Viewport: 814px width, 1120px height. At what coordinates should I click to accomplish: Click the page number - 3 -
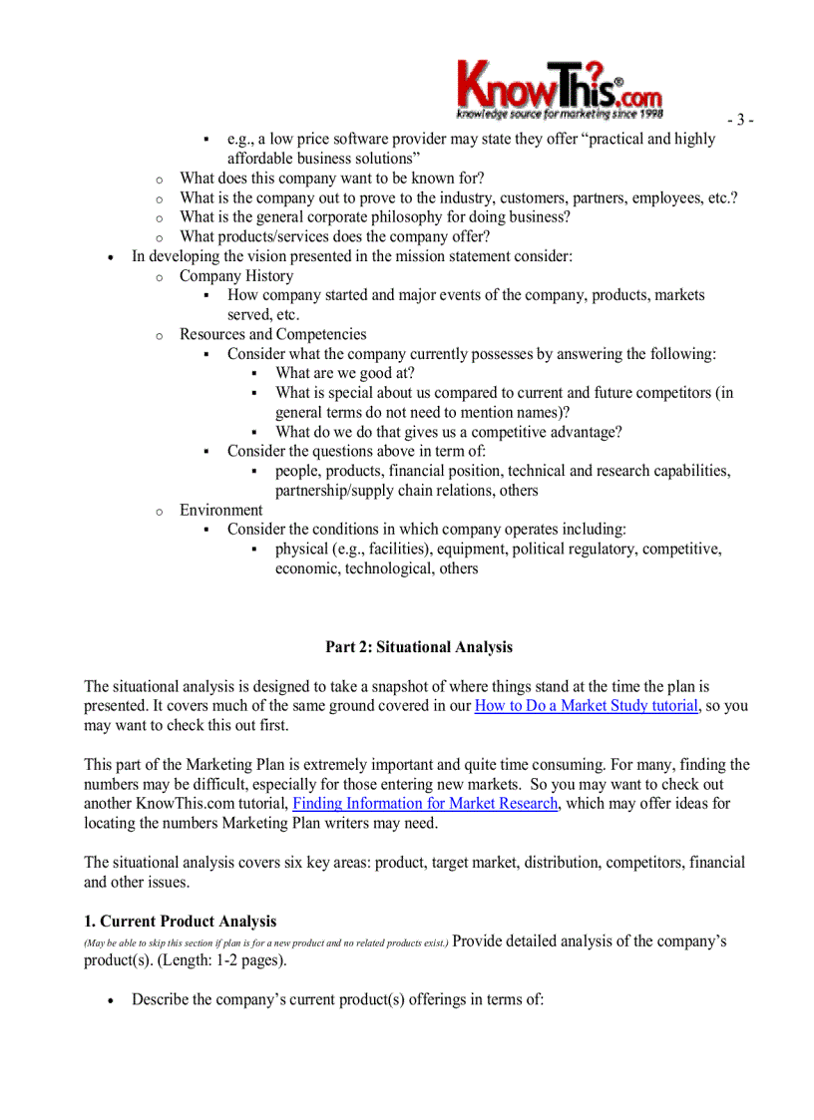tap(739, 120)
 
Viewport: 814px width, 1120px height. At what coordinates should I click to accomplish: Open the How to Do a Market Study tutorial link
tap(586, 706)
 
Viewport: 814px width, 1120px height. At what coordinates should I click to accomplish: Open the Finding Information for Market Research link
tap(426, 804)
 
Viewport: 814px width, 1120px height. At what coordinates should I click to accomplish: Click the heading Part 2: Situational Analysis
tap(419, 647)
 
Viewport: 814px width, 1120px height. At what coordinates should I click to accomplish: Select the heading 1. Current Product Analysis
tap(181, 922)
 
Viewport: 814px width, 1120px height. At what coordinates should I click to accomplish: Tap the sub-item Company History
tap(236, 276)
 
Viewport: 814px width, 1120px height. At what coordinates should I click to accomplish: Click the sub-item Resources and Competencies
tap(272, 334)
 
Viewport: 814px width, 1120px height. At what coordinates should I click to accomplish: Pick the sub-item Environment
tap(220, 510)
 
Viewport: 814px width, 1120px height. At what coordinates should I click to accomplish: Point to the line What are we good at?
tap(345, 373)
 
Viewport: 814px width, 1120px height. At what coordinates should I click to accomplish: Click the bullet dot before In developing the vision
tap(111, 257)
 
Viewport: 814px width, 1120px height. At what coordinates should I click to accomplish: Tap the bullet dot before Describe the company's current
tap(111, 1000)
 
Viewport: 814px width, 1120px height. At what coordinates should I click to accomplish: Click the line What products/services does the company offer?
tap(334, 237)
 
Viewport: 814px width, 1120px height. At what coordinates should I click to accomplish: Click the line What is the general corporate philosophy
tap(375, 217)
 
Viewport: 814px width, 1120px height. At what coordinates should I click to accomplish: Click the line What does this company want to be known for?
tap(331, 179)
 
